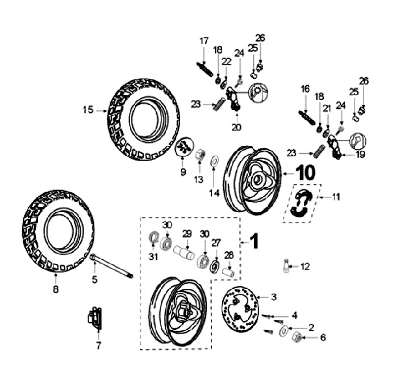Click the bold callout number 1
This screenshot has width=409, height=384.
[254, 242]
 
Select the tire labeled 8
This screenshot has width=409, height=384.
[59, 231]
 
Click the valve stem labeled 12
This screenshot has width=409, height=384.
[287, 265]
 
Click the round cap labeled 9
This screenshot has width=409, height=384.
[183, 147]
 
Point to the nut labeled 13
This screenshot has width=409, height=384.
[200, 154]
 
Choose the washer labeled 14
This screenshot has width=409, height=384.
[215, 161]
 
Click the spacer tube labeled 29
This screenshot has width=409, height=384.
[186, 250]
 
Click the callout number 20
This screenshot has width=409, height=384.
[236, 127]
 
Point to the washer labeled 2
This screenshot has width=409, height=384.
[282, 330]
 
